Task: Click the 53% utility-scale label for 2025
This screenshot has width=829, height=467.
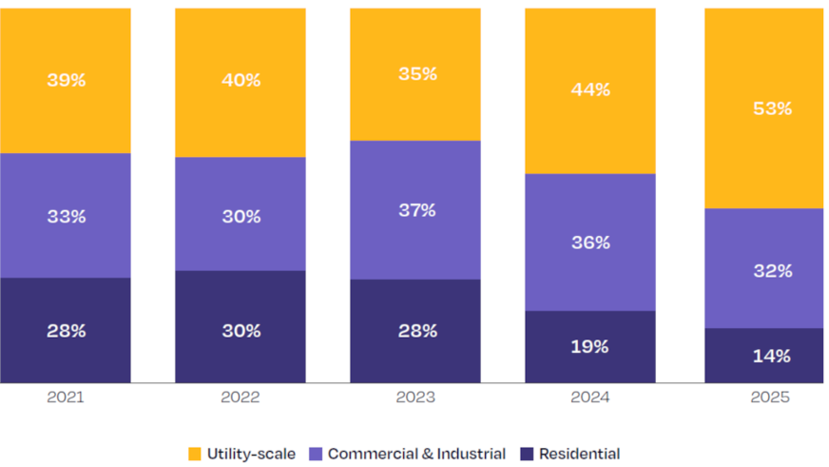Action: [x=771, y=108]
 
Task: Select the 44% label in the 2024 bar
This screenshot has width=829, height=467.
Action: [x=590, y=89]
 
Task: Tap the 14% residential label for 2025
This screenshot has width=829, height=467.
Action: [x=771, y=356]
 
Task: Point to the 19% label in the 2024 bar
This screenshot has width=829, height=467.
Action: [x=589, y=346]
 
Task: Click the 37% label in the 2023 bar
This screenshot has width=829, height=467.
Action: [x=416, y=209]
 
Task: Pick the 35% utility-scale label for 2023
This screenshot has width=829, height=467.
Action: [x=416, y=73]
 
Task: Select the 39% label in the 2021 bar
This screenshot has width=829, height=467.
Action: [x=66, y=80]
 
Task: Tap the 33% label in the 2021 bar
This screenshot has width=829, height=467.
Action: [x=66, y=216]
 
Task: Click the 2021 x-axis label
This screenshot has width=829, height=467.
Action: [x=65, y=398]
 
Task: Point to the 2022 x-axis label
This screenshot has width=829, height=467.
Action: [x=240, y=398]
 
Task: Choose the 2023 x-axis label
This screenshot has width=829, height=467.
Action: [x=415, y=398]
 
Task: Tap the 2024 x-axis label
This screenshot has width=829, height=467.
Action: [x=589, y=398]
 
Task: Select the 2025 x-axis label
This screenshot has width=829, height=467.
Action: [x=769, y=398]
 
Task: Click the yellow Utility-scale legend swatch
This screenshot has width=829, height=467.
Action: [x=195, y=455]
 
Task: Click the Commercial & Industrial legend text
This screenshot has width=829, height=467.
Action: [x=416, y=455]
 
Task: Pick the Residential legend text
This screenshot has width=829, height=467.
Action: [x=579, y=455]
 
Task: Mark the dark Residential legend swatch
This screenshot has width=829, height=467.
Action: [x=527, y=455]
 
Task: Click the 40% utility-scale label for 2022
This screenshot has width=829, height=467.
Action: [x=241, y=80]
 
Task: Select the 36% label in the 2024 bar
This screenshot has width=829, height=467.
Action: [x=590, y=243]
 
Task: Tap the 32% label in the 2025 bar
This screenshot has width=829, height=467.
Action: [x=771, y=270]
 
